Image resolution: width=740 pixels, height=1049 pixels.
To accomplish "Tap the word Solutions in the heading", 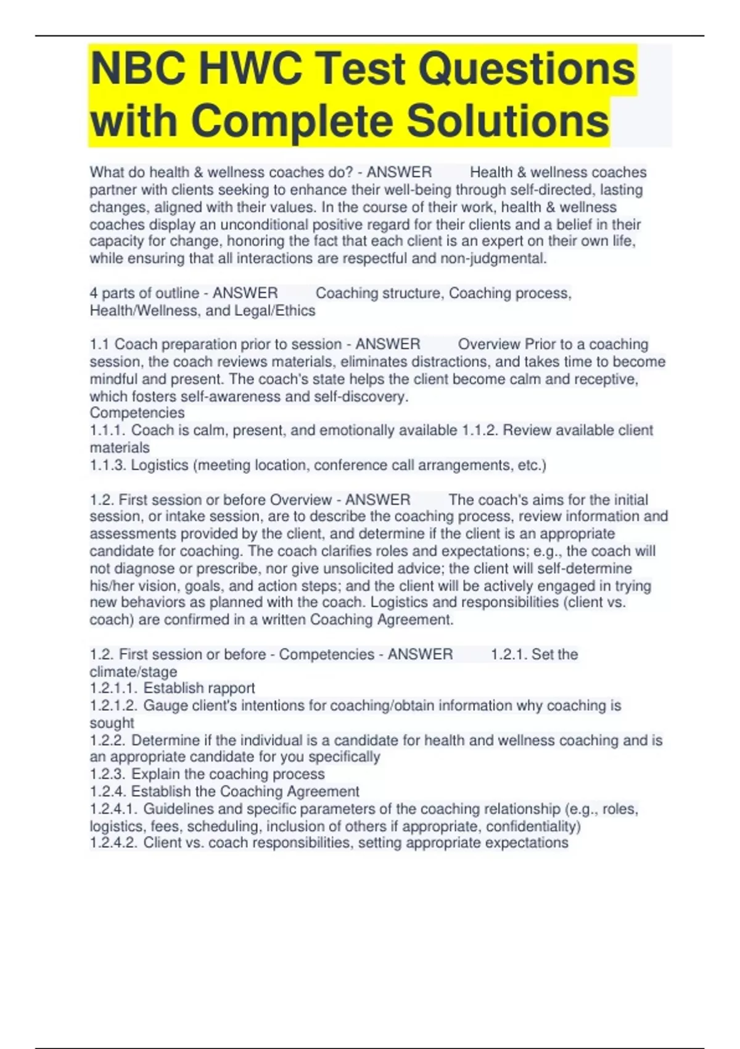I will [x=508, y=121].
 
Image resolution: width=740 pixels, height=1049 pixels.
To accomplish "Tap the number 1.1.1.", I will [x=107, y=430].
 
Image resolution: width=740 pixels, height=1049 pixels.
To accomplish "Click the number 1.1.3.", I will [x=108, y=465].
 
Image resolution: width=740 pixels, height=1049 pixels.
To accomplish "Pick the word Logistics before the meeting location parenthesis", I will [x=160, y=465].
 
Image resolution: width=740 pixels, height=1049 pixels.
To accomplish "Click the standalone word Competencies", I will [x=137, y=413].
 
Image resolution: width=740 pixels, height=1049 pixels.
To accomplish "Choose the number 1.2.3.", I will [x=108, y=774].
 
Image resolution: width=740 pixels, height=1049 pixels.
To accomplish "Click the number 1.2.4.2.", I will [x=113, y=843].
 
